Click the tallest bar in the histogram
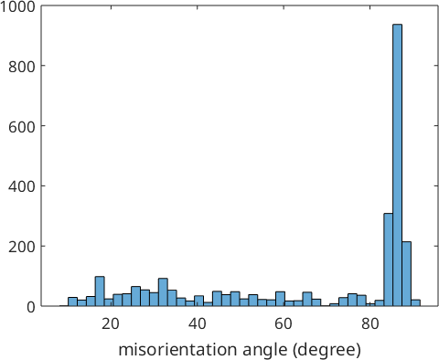397,165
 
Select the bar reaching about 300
388,259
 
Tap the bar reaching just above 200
406,274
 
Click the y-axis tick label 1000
17,6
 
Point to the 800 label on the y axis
22,66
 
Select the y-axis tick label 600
22,126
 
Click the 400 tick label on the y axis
22,186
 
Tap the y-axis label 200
22,247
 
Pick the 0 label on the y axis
31,307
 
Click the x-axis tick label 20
111,323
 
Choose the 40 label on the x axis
197,323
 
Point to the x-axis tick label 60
284,323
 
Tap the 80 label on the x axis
369,323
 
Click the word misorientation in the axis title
177,350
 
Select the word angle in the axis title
264,351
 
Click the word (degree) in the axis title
327,350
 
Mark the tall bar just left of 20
100,291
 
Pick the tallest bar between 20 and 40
163,292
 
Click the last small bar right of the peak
415,302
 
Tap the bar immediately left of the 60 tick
280,299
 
